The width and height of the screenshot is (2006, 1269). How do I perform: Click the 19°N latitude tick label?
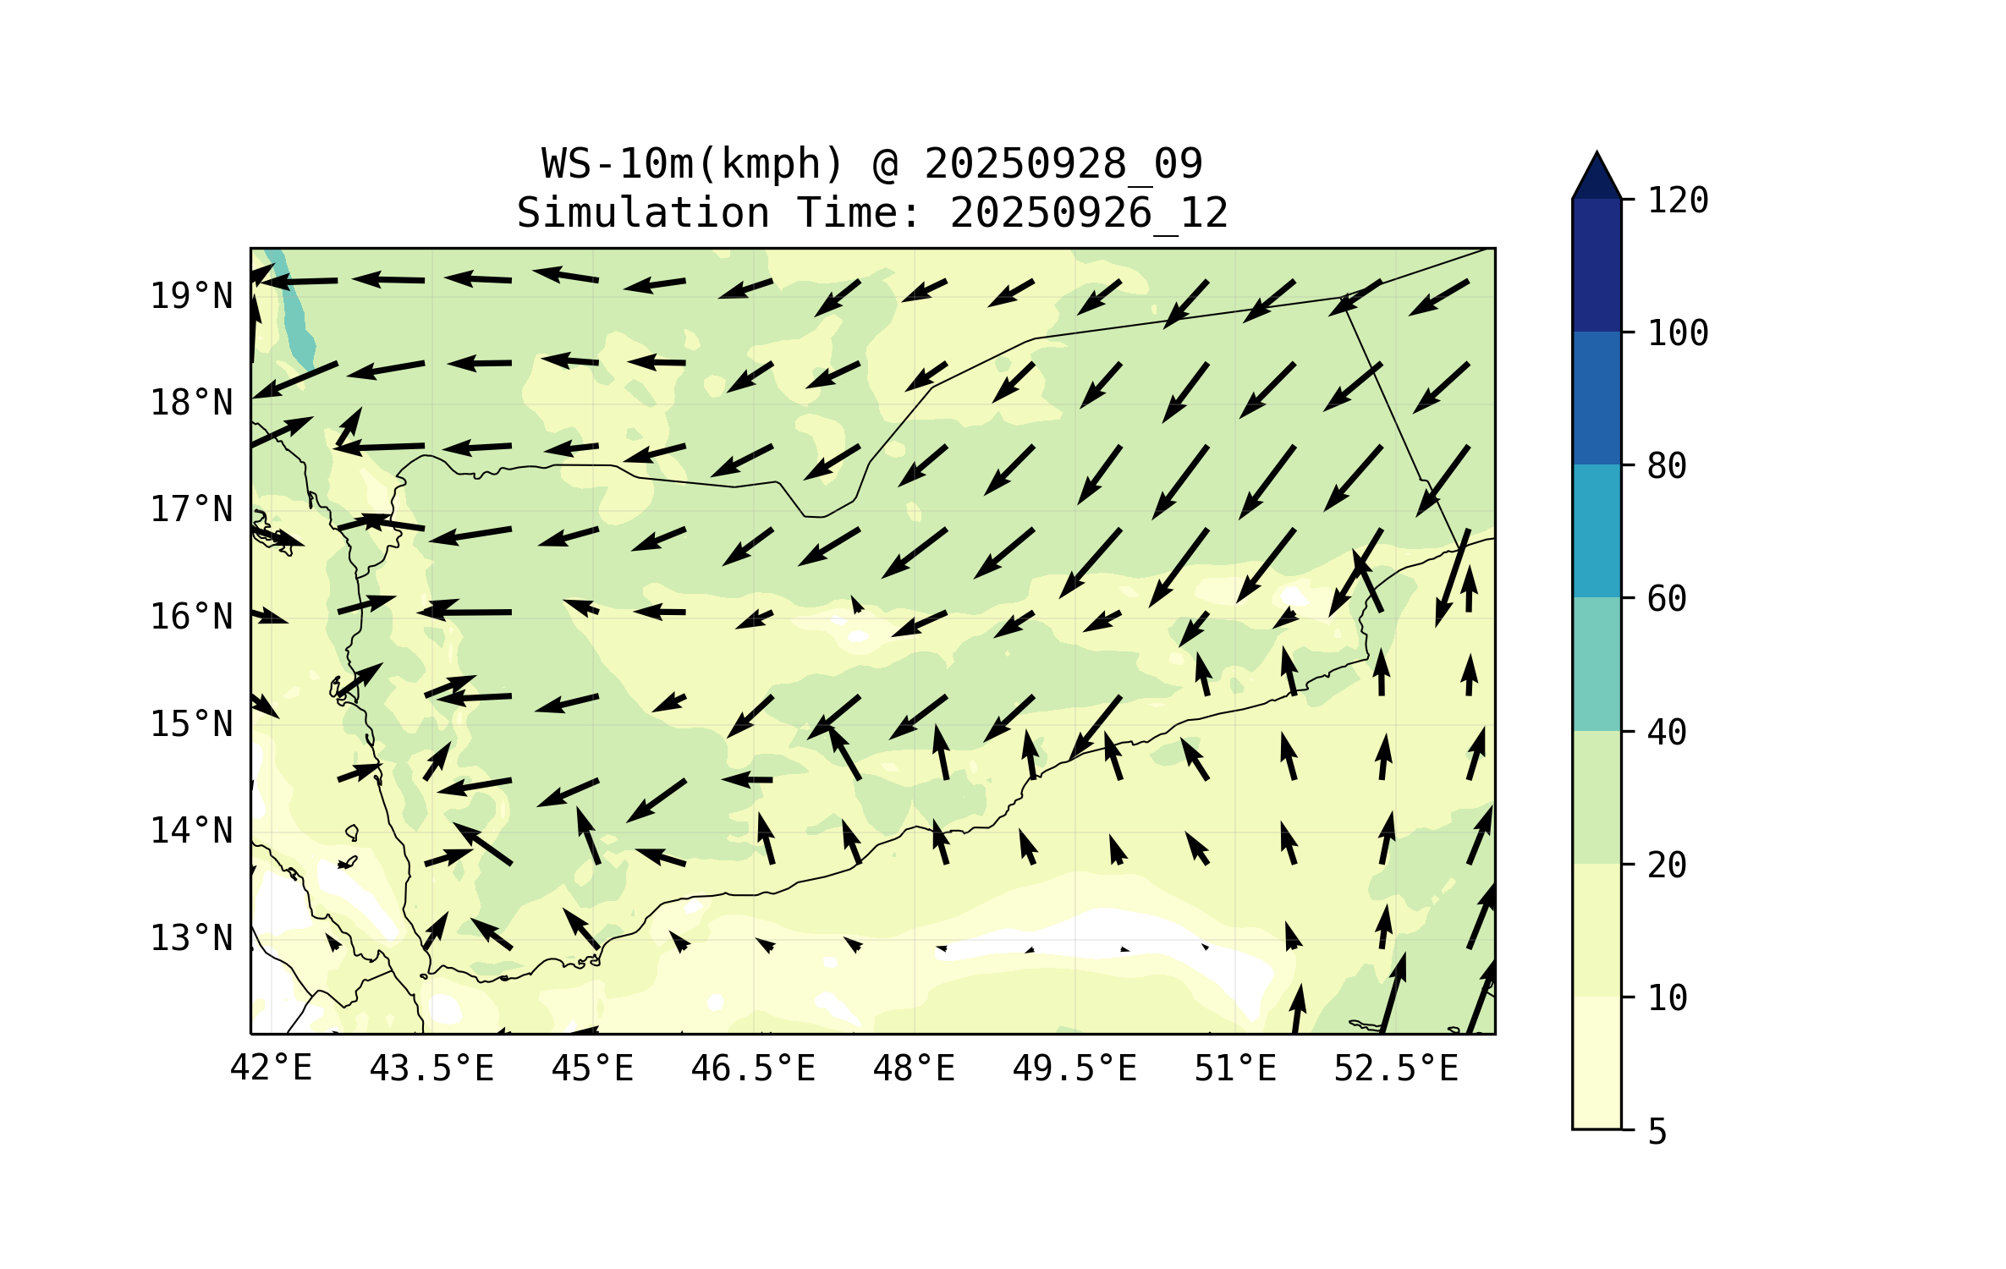pos(191,296)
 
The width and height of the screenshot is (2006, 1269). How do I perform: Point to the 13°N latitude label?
pos(191,938)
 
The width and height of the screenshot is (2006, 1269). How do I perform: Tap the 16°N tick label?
pos(191,617)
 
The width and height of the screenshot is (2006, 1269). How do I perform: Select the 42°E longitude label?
pos(271,1068)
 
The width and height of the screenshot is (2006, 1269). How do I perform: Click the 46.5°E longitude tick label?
pos(753,1068)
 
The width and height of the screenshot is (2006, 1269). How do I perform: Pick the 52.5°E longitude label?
pos(1396,1068)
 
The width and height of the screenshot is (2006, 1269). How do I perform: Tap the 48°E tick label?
pos(914,1068)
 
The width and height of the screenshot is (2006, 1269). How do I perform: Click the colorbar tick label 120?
pos(1678,201)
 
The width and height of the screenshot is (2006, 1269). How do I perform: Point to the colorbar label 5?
pos(1657,1132)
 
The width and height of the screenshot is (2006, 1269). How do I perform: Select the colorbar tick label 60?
pos(1667,599)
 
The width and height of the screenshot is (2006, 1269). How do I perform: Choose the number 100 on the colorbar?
pos(1678,333)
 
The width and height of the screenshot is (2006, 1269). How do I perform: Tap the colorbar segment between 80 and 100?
pos(1597,398)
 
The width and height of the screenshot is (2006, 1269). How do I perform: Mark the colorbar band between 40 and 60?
pos(1597,664)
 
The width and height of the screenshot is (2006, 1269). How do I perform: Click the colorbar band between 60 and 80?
pos(1597,530)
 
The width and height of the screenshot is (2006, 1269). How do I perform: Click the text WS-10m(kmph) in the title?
pos(693,164)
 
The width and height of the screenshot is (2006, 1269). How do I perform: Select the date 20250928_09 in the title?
pos(1063,164)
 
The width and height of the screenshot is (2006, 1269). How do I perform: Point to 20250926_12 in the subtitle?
pos(1089,213)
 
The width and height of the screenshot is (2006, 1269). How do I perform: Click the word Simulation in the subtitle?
pos(643,213)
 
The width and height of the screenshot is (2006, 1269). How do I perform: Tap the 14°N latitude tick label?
pos(191,831)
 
